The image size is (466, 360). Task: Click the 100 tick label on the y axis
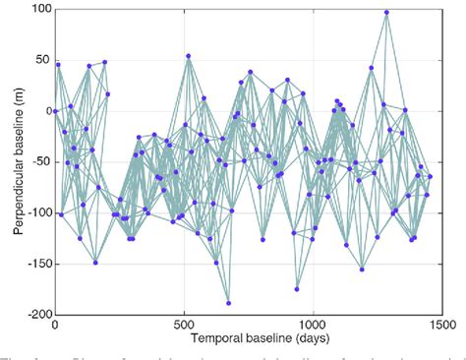click(x=39, y=9)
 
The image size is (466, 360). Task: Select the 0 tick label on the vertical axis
click(x=46, y=111)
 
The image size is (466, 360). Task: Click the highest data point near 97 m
click(x=386, y=13)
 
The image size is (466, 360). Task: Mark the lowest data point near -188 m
click(x=228, y=303)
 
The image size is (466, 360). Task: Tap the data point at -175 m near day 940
click(x=297, y=289)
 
